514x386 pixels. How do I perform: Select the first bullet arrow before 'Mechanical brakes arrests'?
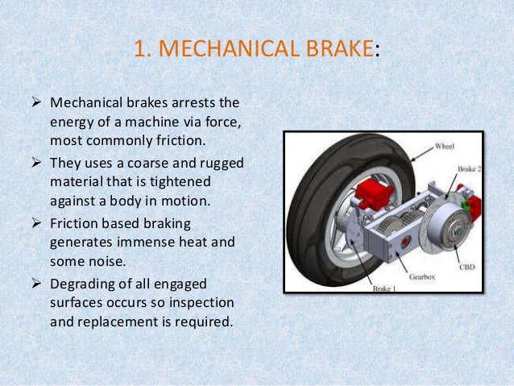click(x=37, y=105)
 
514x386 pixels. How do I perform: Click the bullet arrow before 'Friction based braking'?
click(x=37, y=222)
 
